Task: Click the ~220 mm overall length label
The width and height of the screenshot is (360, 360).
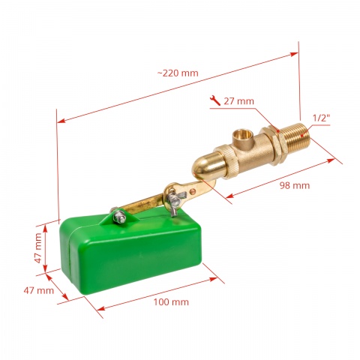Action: [x=178, y=73]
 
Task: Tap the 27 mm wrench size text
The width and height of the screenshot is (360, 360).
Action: [x=238, y=100]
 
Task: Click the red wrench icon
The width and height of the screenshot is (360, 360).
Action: [x=216, y=100]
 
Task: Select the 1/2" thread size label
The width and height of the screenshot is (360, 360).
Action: [x=321, y=118]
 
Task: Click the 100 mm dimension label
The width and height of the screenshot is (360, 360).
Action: [x=170, y=301]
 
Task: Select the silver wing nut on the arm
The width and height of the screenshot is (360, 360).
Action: [x=177, y=199]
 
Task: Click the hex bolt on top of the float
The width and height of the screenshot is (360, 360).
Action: [x=119, y=217]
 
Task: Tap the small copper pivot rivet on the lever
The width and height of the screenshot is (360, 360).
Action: [x=193, y=190]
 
